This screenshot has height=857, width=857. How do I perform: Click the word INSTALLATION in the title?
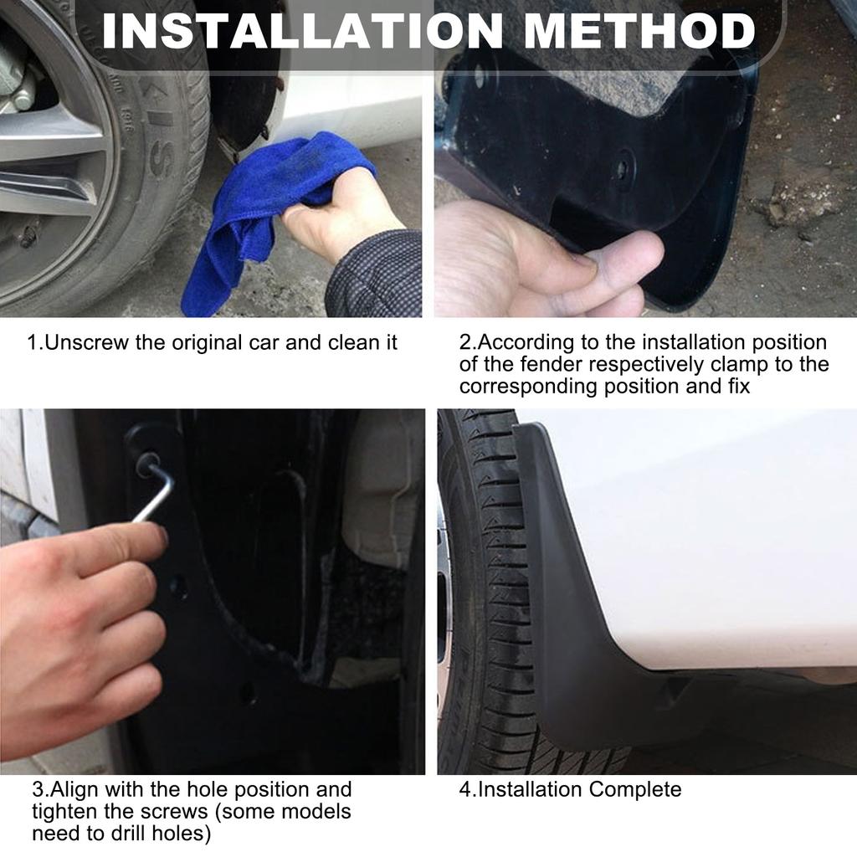pyautogui.click(x=301, y=31)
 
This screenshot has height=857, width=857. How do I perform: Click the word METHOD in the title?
pyautogui.click(x=639, y=31)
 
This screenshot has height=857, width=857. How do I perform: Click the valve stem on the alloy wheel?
pyautogui.click(x=26, y=236)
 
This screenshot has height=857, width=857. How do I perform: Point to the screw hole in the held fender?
pyautogui.click(x=623, y=169)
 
